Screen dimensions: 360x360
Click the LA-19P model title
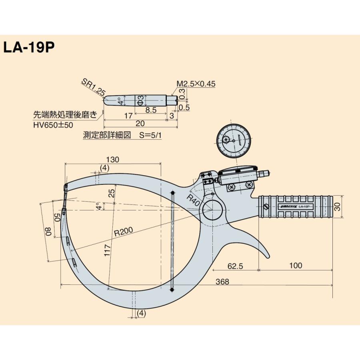28,48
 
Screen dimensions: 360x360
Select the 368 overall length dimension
222,282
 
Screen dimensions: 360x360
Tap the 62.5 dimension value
235,266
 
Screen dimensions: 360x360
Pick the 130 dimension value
114,159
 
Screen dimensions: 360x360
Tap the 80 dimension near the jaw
48,231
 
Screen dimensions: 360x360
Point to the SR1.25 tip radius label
93,87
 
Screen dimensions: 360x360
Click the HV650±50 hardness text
53,125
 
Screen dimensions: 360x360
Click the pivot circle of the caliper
212,209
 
